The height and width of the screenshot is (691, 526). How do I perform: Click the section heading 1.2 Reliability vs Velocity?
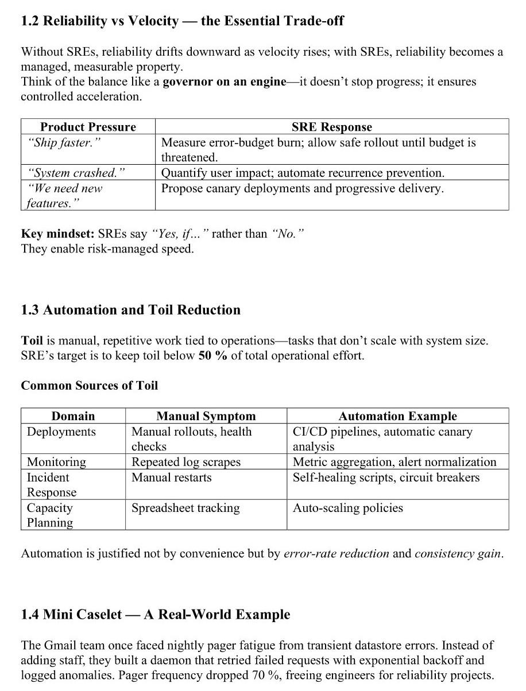pyautogui.click(x=182, y=21)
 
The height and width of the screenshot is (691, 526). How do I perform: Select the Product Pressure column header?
pyautogui.click(x=88, y=127)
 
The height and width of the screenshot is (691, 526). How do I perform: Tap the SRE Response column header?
pyautogui.click(x=331, y=127)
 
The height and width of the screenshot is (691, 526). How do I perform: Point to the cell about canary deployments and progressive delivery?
pyautogui.click(x=302, y=188)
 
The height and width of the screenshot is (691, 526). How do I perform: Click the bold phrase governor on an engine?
pyautogui.click(x=224, y=81)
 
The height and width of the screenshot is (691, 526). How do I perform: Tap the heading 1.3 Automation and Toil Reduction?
pyautogui.click(x=130, y=310)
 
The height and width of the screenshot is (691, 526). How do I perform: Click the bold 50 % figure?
pyautogui.click(x=212, y=356)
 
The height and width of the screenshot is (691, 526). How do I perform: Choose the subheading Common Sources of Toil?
pyautogui.click(x=89, y=386)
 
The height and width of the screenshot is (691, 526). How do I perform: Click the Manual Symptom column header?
pyautogui.click(x=206, y=416)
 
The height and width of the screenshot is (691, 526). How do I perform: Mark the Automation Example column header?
pyautogui.click(x=397, y=416)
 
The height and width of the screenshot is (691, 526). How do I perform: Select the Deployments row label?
pyautogui.click(x=61, y=432)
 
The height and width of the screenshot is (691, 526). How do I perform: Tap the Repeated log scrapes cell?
pyautogui.click(x=186, y=462)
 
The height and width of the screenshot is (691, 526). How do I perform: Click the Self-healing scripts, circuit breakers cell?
pyautogui.click(x=386, y=478)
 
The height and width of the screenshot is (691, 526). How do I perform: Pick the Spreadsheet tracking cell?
pyautogui.click(x=185, y=508)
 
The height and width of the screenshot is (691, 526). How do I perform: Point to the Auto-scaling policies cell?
pyautogui.click(x=347, y=508)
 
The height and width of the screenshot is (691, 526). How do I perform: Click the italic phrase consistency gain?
pyautogui.click(x=458, y=554)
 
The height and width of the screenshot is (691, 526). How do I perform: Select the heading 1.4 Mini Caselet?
pyautogui.click(x=155, y=615)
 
